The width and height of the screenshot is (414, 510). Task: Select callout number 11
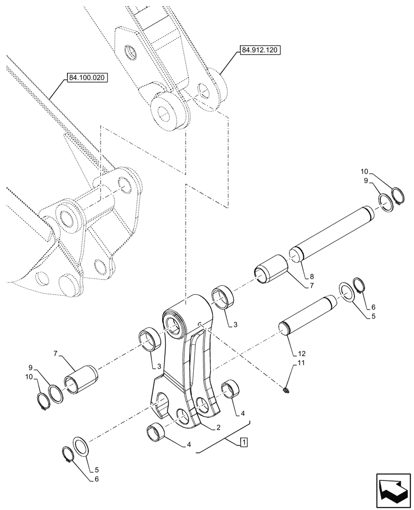(300, 363)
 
